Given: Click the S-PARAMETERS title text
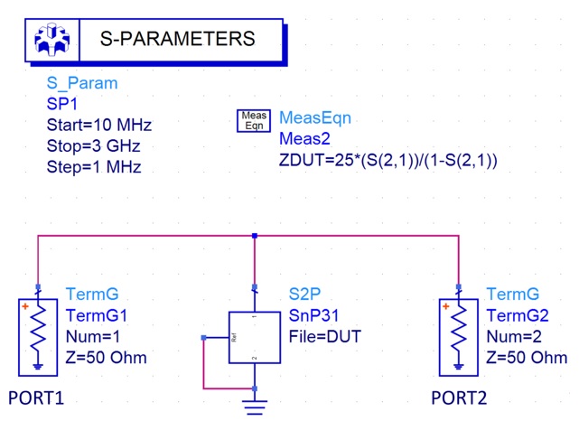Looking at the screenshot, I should click(x=176, y=39).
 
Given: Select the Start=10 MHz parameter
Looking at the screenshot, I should click(x=99, y=126).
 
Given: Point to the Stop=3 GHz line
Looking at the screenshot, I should click(x=93, y=146).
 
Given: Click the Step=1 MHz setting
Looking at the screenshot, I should click(x=94, y=167).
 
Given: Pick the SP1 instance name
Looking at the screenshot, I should click(x=63, y=105).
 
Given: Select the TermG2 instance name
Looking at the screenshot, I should click(x=517, y=315).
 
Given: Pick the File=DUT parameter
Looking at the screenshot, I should click(x=325, y=336).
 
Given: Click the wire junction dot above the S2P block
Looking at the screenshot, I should click(x=256, y=236).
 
